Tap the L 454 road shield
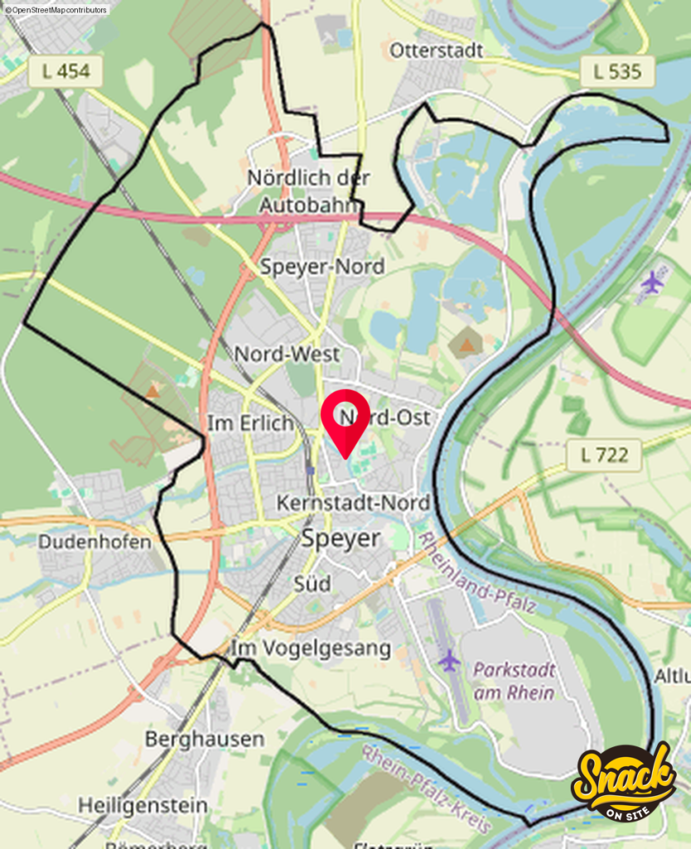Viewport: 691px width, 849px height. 66,71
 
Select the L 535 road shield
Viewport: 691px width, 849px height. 617,71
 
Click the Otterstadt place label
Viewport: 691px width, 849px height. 436,51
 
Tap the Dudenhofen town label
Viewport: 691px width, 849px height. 95,542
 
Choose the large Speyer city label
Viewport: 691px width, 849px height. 340,538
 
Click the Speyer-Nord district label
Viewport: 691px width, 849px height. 322,266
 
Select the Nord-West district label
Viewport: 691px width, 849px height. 287,354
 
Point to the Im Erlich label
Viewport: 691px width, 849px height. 251,423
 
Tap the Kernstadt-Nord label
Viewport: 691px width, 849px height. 353,502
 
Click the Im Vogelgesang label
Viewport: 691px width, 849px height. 311,648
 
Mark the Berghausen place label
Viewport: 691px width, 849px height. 204,738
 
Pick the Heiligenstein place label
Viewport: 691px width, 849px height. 143,804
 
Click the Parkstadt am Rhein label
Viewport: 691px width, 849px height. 514,680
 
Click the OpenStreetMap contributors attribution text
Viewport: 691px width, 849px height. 56,9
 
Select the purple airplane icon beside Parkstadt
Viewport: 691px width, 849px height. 449,661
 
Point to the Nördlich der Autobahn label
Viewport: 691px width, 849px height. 309,191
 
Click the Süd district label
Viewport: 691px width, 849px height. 312,584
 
